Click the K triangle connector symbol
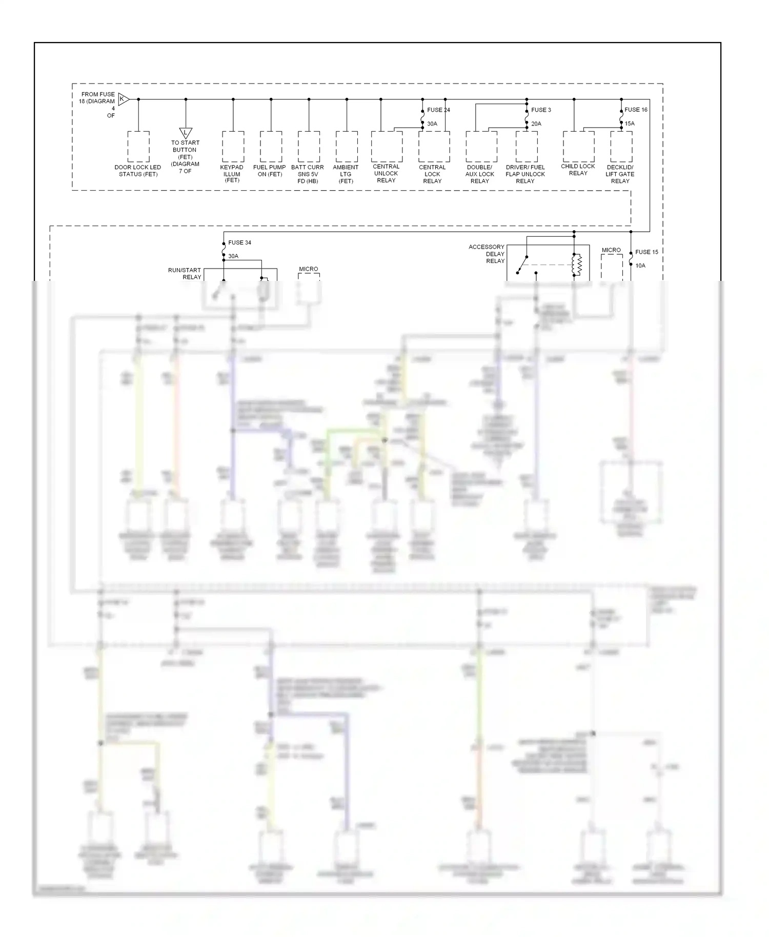123,99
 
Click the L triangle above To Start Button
186,134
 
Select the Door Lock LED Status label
138,171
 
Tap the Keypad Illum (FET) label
232,174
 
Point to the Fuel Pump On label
270,171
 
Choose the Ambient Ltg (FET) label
346,174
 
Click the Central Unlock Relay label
386,173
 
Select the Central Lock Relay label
432,174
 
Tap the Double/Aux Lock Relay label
480,174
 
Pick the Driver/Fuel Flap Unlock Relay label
525,174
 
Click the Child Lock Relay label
578,170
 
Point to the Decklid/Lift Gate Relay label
620,174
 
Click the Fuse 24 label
438,110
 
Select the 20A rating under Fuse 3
536,124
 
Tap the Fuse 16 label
636,110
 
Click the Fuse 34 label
239,242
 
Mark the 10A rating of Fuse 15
640,266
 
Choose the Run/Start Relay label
185,273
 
